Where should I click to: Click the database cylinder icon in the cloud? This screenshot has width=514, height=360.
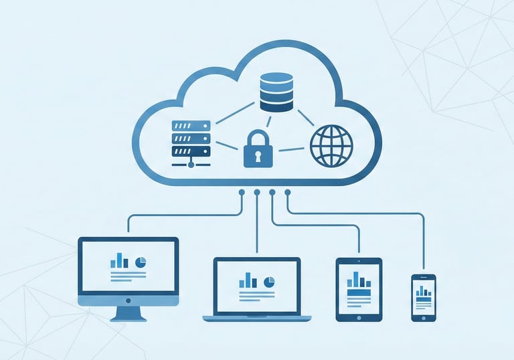coord(276,92)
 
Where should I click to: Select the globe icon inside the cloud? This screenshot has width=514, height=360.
coord(330,146)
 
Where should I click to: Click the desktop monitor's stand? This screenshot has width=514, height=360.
coord(128,312)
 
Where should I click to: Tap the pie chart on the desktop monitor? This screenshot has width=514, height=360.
coord(141,260)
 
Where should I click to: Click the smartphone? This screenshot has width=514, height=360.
coord(423,297)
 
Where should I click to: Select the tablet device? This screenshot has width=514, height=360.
coord(359,289)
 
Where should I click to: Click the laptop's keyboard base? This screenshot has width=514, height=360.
coord(256,317)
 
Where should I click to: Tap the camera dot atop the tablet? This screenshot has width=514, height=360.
coord(359,261)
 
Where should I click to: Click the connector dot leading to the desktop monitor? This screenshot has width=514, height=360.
coord(242,193)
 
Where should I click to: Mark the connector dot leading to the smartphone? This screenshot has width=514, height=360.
coord(288,193)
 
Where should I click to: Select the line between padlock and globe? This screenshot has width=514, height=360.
coord(291,149)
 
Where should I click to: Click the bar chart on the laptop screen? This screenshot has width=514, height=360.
coord(248,280)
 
